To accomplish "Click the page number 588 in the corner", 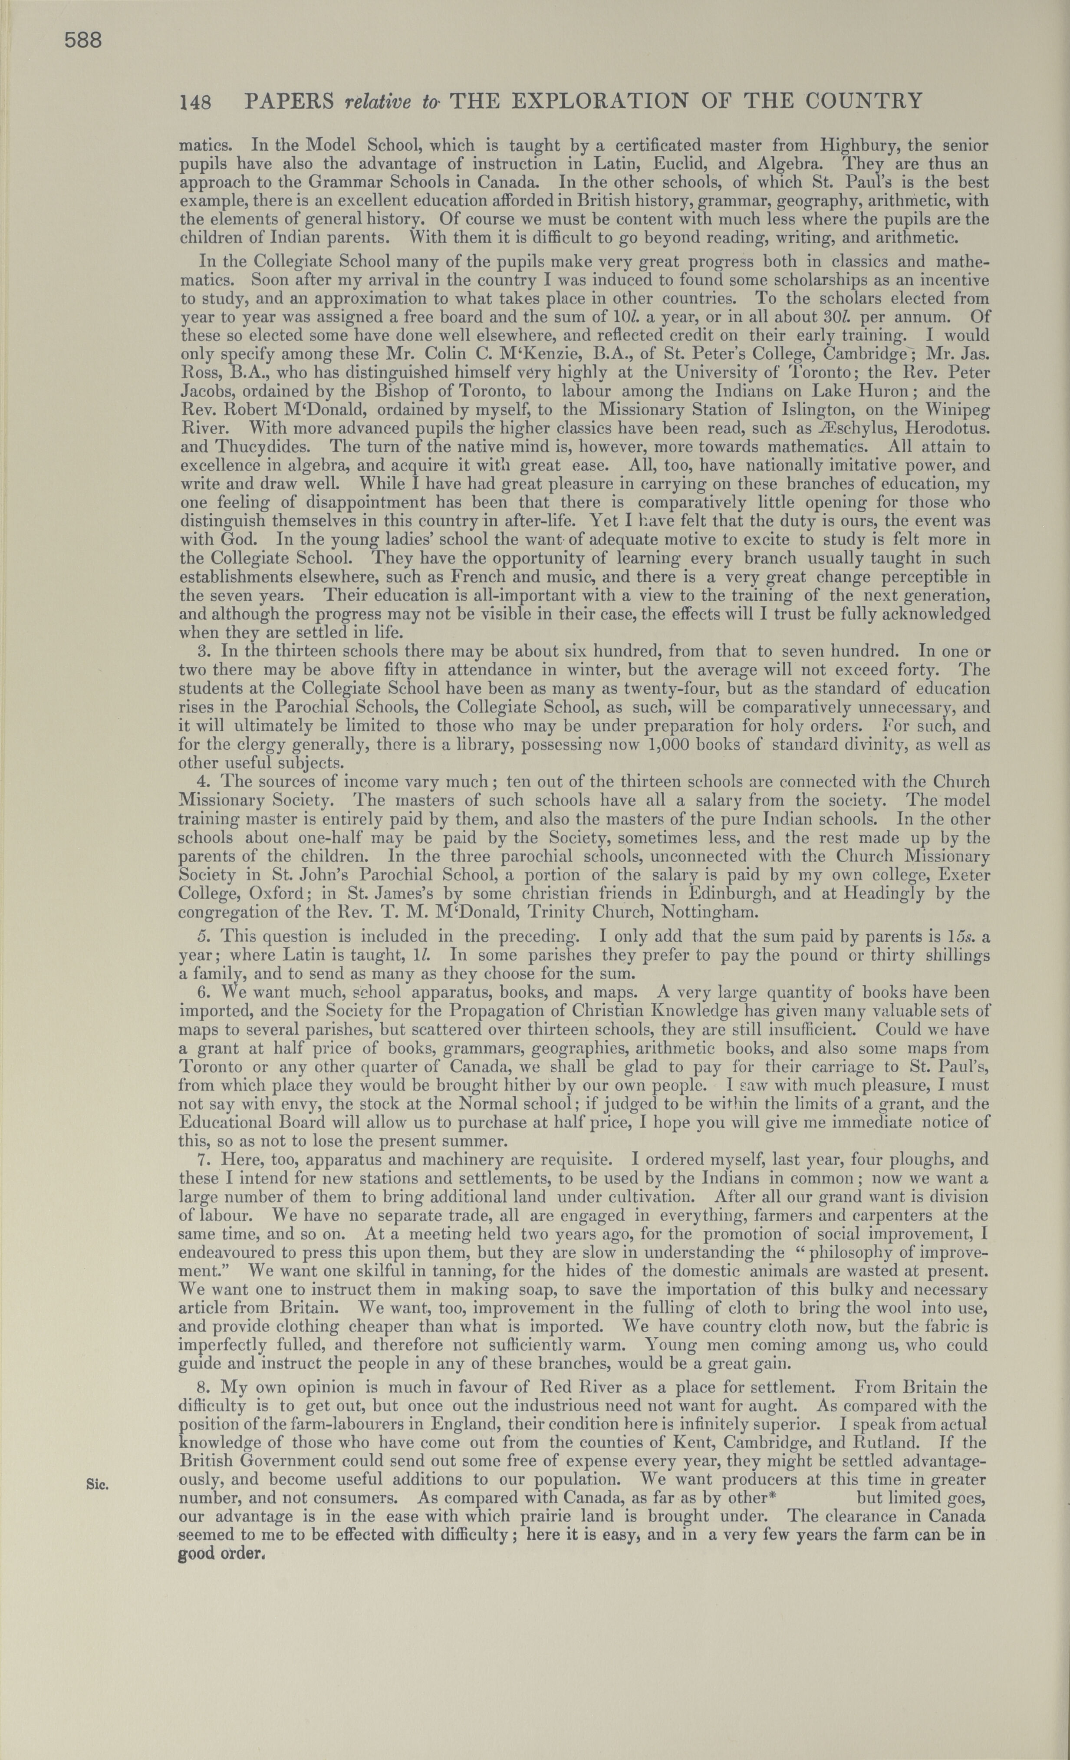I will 84,41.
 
